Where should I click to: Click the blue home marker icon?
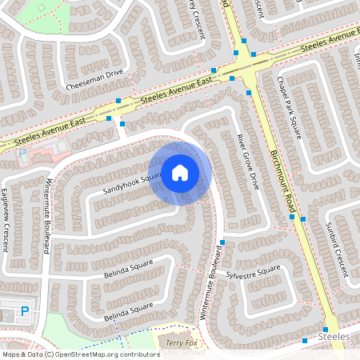pyautogui.click(x=179, y=171)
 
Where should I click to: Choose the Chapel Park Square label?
pyautogui.click(x=287, y=106)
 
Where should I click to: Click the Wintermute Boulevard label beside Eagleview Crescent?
pyautogui.click(x=46, y=215)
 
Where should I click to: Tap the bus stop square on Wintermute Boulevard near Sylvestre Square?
pyautogui.click(x=222, y=242)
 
